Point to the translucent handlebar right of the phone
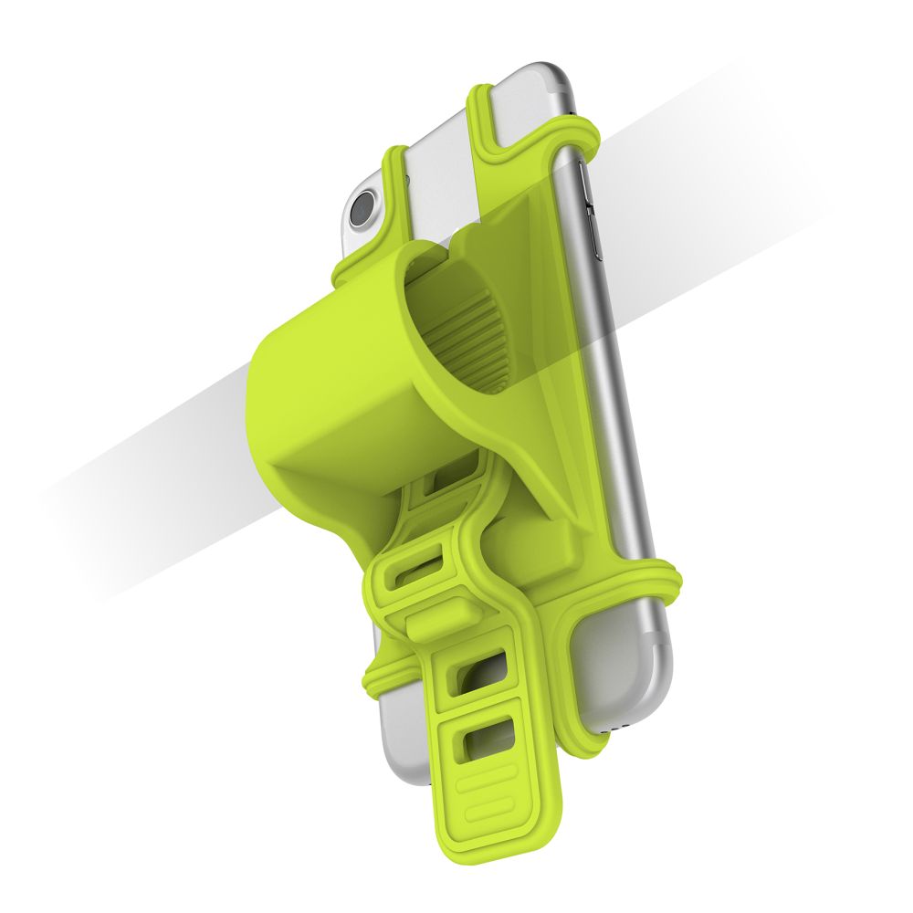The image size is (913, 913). pyautogui.click(x=730, y=228)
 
